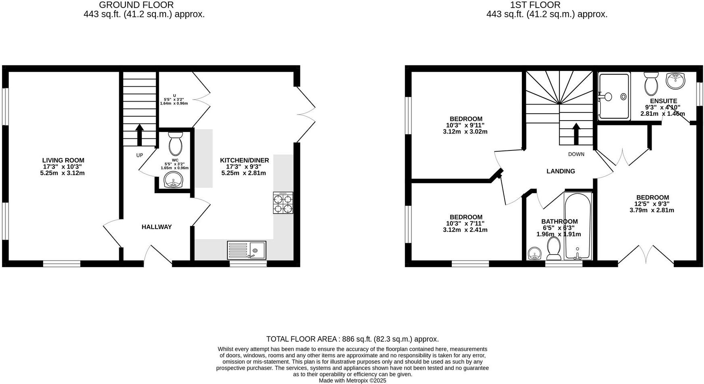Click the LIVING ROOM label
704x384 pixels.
(63, 160)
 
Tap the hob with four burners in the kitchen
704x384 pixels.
(283, 203)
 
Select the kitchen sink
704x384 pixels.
(247, 250)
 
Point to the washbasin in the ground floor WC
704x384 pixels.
(173, 180)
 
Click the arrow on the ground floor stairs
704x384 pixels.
(139, 135)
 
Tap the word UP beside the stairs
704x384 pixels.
(139, 155)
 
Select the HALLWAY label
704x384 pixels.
(157, 227)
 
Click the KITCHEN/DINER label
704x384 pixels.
(244, 160)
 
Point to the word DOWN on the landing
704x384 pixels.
(576, 154)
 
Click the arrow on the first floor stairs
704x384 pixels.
(576, 133)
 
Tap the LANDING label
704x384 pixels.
(561, 171)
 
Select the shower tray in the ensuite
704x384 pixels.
(614, 96)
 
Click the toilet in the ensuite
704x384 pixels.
(651, 83)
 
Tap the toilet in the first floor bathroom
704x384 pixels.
(554, 248)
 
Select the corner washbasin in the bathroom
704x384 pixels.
(534, 254)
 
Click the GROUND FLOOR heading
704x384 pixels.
(136, 5)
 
